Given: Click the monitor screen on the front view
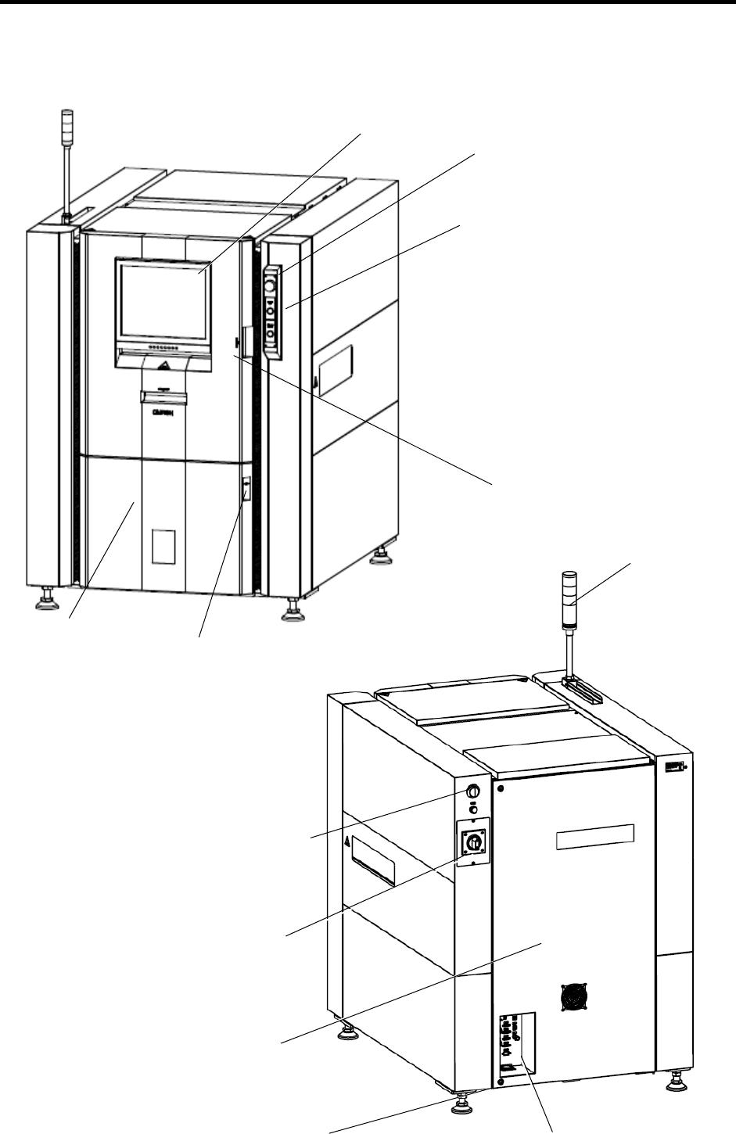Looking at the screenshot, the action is point(163,299).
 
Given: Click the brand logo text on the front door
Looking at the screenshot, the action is point(161,417).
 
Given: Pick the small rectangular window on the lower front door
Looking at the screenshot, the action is point(164,547).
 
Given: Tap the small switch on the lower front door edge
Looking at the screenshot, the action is point(245,490).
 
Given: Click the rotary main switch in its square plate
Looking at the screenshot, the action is point(473,842).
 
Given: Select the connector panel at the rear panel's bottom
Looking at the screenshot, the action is point(512,1043).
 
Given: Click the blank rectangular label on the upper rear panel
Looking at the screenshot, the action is point(594,839).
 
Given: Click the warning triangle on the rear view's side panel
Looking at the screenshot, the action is point(346,842).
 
